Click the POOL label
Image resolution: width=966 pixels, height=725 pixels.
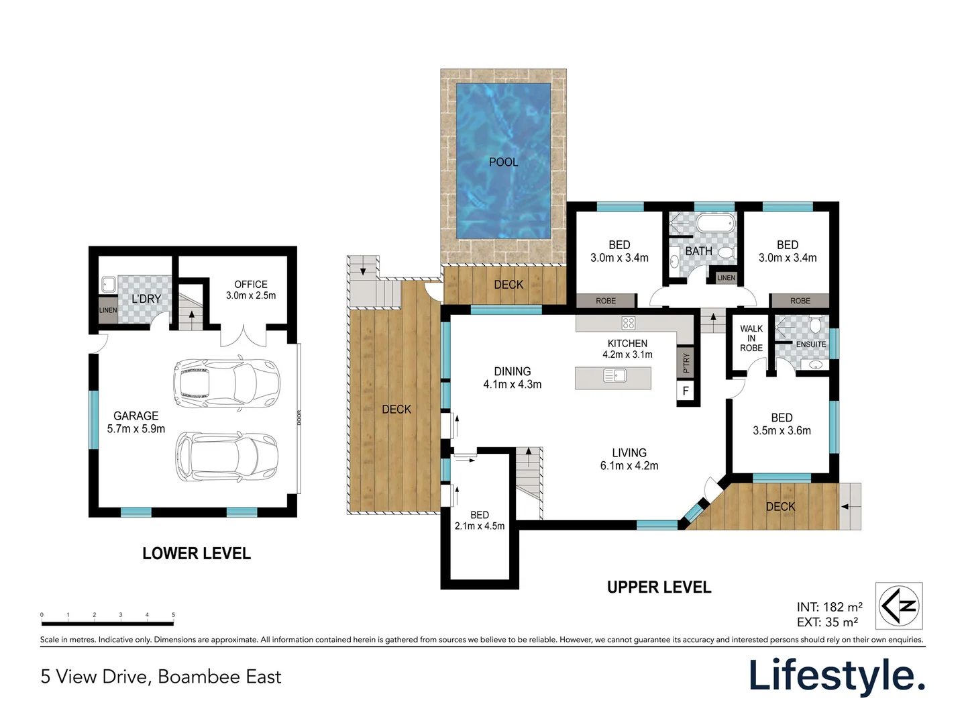coord(504,162)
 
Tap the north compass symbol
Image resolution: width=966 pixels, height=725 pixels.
coord(899,606)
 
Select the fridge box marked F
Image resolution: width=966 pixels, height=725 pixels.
coord(685,391)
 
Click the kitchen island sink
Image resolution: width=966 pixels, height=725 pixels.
coord(614,375)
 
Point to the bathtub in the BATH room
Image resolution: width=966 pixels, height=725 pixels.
coord(716,223)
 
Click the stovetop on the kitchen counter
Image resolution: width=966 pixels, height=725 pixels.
coord(629,323)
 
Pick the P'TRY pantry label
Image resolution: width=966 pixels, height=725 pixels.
coord(686,362)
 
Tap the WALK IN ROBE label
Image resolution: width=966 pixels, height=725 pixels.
coord(751,338)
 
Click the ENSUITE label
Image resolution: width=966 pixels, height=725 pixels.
coord(810,344)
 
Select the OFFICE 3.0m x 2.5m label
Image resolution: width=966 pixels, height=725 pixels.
coord(251,289)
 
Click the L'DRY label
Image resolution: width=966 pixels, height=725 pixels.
coord(146,299)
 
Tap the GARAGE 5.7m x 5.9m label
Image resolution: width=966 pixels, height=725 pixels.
coord(136,422)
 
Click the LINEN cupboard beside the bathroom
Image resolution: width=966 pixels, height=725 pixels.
coord(726,278)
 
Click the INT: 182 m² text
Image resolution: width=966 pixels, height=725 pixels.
coord(830,607)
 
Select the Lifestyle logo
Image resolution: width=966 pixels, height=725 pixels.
coord(837,676)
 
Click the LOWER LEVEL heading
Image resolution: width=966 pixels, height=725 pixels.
coord(197,553)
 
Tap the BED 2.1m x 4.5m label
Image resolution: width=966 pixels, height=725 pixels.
coord(479,520)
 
